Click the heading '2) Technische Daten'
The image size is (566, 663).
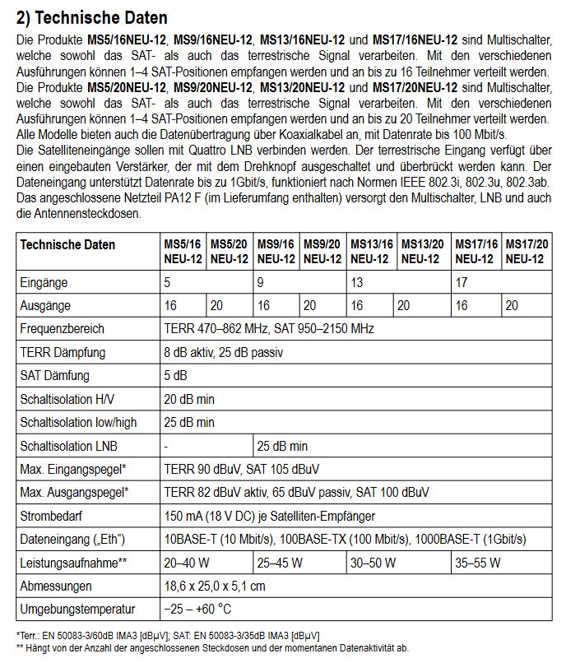(x=91, y=17)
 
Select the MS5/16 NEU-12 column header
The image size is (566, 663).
(x=181, y=252)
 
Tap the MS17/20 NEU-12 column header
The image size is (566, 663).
(x=525, y=252)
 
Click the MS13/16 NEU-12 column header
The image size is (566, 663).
(x=371, y=252)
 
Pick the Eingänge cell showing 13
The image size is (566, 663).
(x=358, y=283)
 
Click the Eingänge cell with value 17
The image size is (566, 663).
(x=462, y=283)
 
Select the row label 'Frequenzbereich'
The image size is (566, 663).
(x=62, y=329)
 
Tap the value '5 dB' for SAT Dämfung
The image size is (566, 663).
(x=175, y=376)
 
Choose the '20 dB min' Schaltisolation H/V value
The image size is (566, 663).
(x=189, y=400)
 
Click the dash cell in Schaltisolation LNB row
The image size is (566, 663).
(x=167, y=447)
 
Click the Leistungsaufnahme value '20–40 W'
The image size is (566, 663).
(x=187, y=563)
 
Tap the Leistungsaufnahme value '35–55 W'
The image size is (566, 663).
(x=479, y=563)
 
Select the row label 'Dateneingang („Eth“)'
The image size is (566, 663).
(x=72, y=540)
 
